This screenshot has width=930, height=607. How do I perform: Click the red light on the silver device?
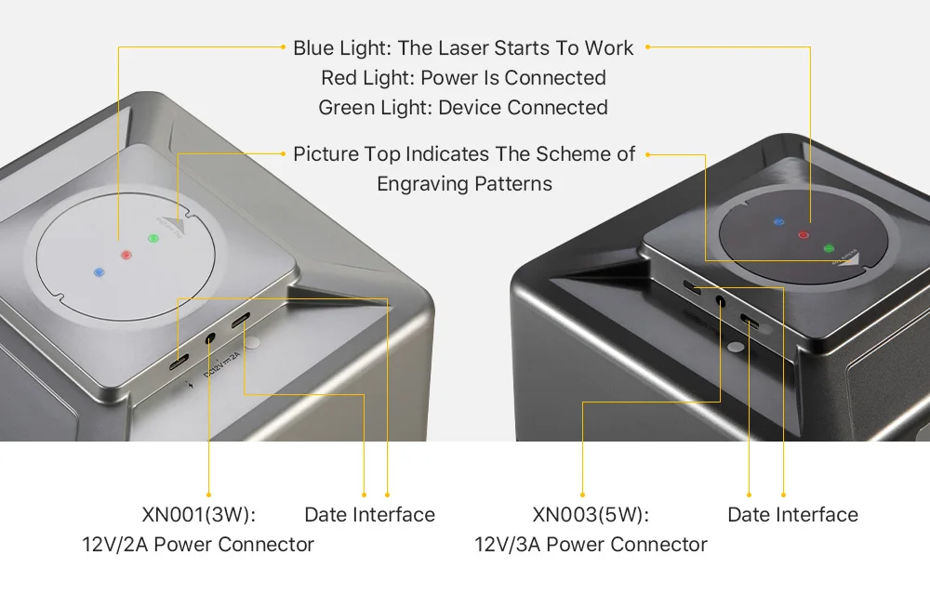(126, 254)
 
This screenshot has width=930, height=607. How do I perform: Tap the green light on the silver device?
(153, 239)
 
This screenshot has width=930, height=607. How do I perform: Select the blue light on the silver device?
(100, 273)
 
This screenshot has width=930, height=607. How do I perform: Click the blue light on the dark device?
(778, 223)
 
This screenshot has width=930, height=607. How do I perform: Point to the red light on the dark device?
(804, 235)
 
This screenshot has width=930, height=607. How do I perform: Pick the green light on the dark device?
(829, 247)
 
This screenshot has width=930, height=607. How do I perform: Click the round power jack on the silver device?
(210, 340)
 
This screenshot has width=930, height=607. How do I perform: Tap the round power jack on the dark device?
(720, 300)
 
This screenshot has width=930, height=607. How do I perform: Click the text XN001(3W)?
(198, 515)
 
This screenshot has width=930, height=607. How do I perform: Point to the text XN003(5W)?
(591, 515)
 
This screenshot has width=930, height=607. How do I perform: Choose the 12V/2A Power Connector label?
(198, 545)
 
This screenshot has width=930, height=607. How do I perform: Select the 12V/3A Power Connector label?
(591, 545)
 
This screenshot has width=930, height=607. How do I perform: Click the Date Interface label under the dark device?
(792, 515)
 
